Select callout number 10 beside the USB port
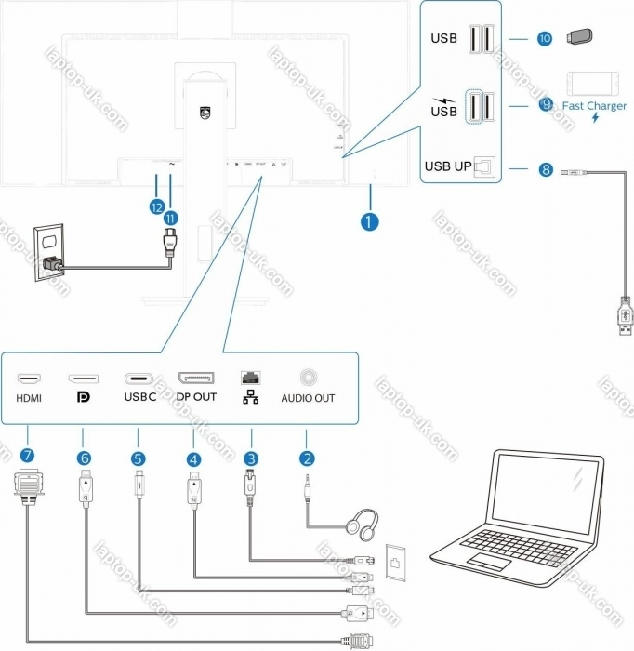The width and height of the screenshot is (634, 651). [545, 39]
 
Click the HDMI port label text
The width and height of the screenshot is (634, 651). [29, 397]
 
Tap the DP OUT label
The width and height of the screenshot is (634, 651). [196, 397]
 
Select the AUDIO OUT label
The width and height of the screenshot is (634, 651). [308, 398]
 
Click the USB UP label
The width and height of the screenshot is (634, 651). [448, 167]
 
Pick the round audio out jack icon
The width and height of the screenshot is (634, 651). [308, 378]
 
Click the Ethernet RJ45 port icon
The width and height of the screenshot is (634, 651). [251, 378]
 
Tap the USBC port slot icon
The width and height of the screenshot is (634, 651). [139, 379]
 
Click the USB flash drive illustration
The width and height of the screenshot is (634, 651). [578, 38]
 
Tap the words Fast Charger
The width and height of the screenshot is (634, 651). [594, 105]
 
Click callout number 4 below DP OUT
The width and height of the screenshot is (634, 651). [193, 458]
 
